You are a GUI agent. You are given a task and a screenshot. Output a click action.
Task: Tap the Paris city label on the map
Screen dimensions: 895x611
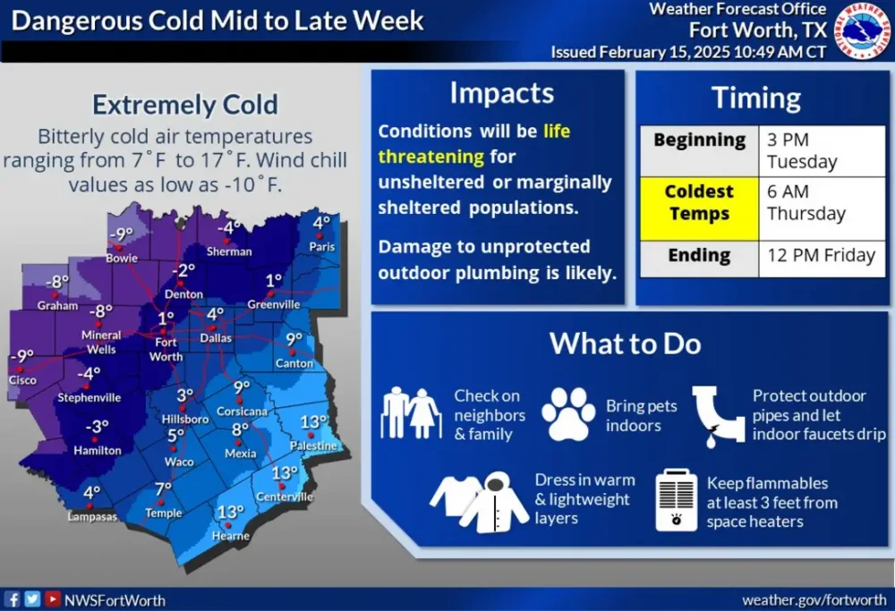click(x=322, y=246)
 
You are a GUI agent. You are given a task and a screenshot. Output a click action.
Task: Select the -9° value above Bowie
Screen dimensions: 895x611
click(x=121, y=233)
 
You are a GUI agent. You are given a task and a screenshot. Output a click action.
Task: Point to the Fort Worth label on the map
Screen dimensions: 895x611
click(x=166, y=349)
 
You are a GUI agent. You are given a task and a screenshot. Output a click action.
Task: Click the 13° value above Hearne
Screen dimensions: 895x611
click(x=231, y=512)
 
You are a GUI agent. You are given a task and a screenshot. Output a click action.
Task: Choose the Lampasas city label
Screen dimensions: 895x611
click(x=92, y=516)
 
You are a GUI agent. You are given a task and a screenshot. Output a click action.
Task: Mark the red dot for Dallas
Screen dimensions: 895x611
click(x=212, y=328)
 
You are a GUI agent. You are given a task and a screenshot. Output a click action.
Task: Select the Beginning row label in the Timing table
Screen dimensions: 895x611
click(x=699, y=140)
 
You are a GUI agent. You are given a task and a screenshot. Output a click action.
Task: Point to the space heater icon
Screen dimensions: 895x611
click(x=677, y=500)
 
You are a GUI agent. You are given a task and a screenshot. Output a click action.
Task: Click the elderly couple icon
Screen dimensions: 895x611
click(x=411, y=413)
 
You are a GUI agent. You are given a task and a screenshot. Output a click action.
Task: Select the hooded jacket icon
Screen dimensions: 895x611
click(x=494, y=502)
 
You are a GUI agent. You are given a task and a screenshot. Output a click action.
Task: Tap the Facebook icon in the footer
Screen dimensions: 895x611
click(x=13, y=599)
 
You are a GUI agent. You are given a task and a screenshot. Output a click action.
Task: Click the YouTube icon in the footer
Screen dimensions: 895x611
click(x=53, y=598)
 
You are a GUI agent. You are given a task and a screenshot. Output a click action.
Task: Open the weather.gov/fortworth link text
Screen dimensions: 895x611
click(x=814, y=599)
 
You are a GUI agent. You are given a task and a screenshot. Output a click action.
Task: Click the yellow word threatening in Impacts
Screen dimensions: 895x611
click(x=431, y=157)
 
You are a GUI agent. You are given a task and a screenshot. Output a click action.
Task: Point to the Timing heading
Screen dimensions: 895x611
click(x=756, y=98)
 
